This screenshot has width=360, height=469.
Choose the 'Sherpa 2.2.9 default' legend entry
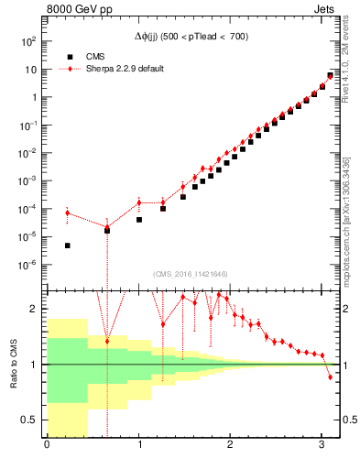pos(118,69)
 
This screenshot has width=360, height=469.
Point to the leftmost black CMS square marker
pos(68,245)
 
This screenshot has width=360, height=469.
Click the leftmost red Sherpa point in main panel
pos(67,213)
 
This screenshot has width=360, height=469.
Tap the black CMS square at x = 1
pos(139,220)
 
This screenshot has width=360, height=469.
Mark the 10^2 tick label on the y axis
pos(28,41)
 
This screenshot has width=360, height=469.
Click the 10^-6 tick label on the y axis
pos(28,265)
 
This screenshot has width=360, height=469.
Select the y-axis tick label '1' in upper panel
pos(33,97)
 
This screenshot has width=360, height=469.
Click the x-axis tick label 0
pos(47,446)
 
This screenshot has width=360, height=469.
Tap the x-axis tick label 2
pos(231,446)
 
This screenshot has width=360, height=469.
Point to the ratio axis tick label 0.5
pos(30,420)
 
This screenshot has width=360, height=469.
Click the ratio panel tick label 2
pos(35,309)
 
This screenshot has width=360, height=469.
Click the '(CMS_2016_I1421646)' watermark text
pos(191,274)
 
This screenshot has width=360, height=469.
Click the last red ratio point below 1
pos(331,377)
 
